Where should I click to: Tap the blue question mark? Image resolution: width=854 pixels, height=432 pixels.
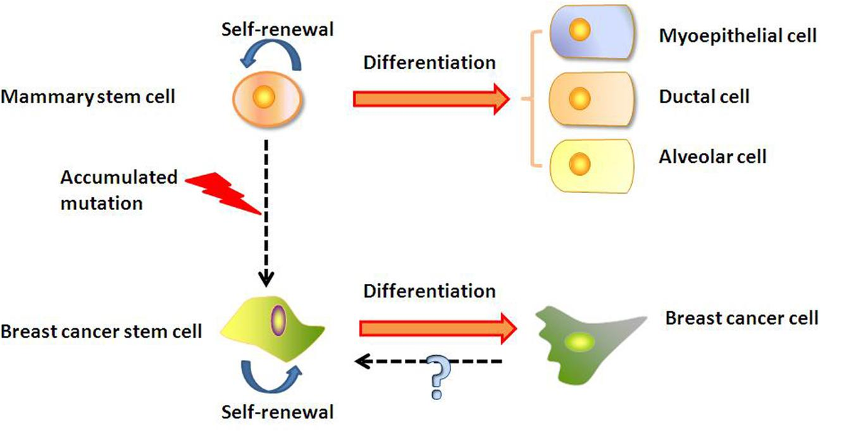[x=438, y=376]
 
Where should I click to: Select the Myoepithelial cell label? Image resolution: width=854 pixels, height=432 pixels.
[x=738, y=36]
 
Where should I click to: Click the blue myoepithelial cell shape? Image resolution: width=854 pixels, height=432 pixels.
[x=592, y=32]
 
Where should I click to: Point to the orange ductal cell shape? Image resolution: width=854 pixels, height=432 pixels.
[x=591, y=99]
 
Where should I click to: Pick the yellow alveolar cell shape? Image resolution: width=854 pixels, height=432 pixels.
[x=591, y=166]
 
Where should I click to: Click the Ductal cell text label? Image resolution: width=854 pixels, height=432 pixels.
[x=704, y=97]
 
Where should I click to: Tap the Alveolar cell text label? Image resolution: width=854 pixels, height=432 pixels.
[x=712, y=157]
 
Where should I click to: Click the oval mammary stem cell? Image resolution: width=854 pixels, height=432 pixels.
[x=268, y=99]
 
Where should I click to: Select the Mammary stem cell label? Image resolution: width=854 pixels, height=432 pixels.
[x=88, y=97]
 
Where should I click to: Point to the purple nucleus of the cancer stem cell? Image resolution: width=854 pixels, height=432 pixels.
[x=279, y=321]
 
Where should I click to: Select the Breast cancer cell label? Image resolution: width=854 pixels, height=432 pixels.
[x=742, y=318]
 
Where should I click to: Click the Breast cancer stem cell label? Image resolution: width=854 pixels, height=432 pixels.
[x=101, y=332]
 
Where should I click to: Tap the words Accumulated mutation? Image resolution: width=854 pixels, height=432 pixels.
[x=119, y=190]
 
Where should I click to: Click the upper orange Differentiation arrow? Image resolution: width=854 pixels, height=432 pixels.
[x=431, y=99]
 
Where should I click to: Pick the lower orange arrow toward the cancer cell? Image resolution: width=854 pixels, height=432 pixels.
[x=438, y=329]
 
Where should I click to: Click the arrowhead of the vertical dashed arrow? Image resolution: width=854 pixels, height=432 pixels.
[x=266, y=279]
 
